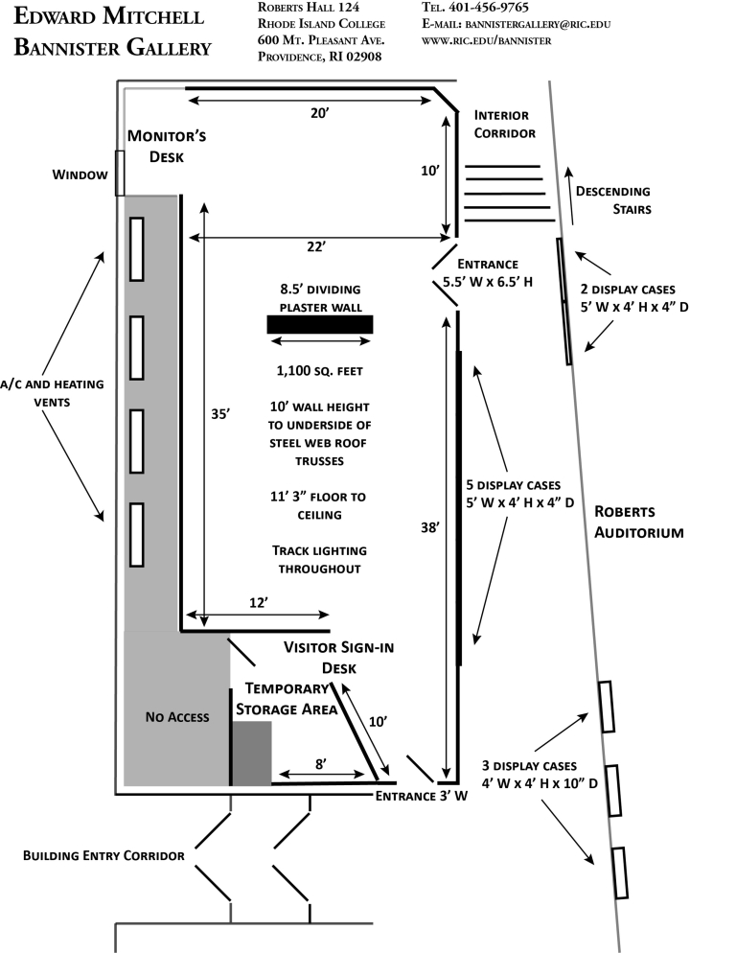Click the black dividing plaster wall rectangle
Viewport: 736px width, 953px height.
320,324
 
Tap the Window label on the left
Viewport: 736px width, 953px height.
80,174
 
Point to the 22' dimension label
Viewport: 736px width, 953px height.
317,246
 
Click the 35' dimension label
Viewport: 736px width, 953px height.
220,414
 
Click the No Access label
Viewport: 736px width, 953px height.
177,716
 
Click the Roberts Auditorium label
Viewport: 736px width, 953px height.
638,521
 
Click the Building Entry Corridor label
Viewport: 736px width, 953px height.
103,853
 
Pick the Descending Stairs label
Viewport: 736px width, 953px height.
612,199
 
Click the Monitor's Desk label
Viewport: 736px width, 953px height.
167,145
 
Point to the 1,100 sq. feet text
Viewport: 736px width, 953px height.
320,369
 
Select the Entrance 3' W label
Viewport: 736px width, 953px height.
421,796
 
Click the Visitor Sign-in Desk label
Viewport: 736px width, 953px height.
338,657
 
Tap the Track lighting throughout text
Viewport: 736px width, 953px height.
320,559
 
